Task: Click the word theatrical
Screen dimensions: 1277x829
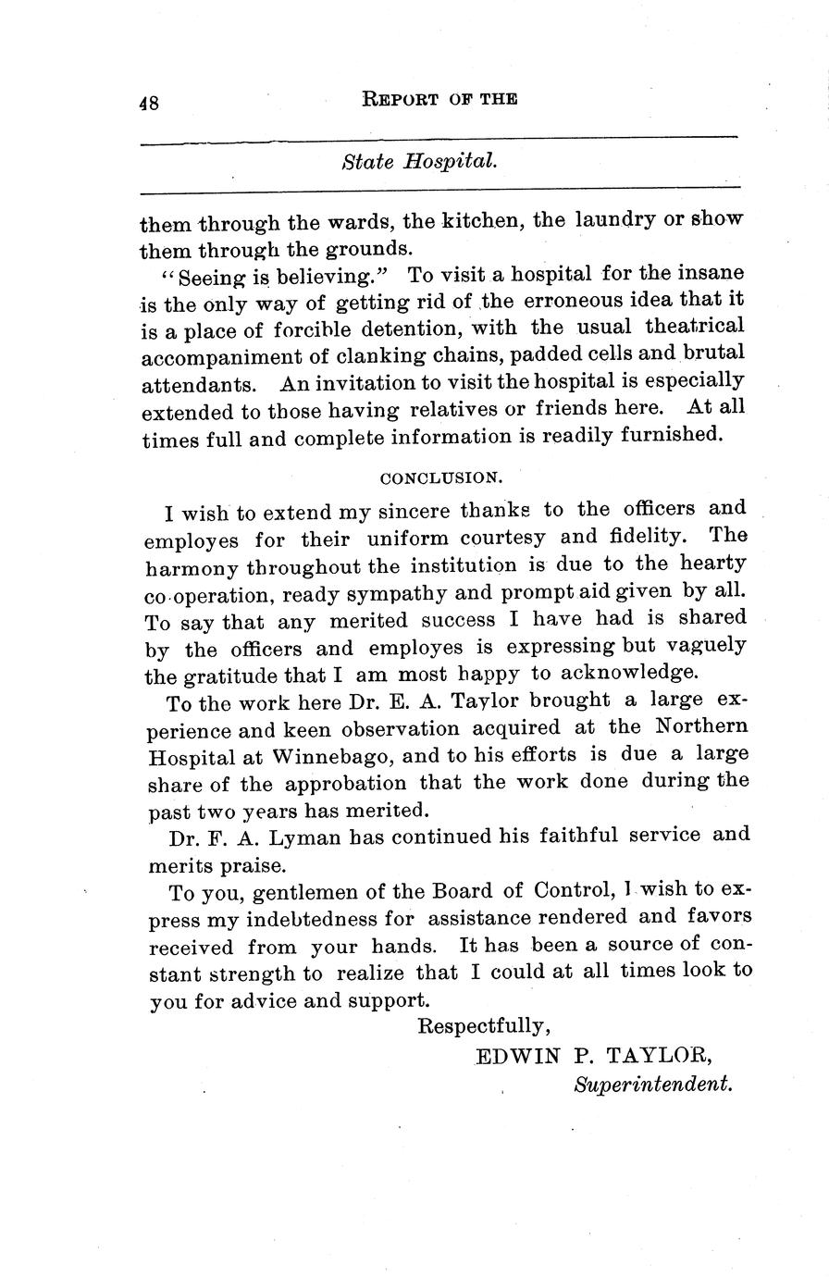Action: (693, 327)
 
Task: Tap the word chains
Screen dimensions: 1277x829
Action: (459, 354)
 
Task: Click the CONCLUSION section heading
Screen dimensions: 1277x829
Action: (441, 478)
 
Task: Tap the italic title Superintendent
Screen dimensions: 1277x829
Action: (653, 1084)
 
